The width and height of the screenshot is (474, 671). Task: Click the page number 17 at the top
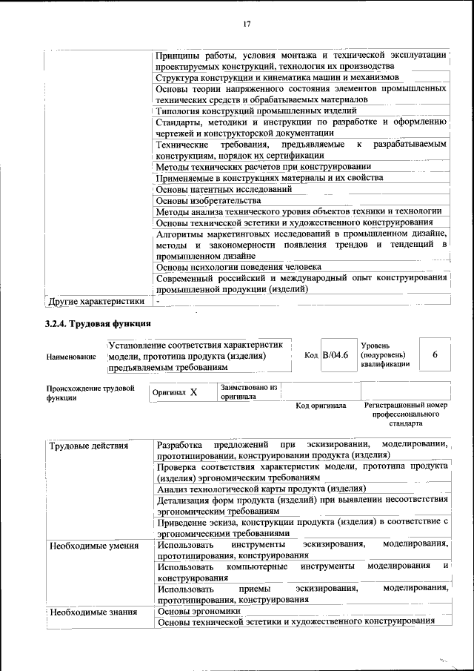[247, 24]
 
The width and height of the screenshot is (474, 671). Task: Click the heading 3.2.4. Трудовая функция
[98, 323]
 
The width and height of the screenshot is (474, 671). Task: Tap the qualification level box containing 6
[435, 356]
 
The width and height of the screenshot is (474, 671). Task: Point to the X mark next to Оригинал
[193, 392]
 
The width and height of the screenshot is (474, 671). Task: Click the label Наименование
[71, 357]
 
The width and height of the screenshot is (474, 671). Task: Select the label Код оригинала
[321, 406]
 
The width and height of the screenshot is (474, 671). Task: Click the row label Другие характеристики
[95, 302]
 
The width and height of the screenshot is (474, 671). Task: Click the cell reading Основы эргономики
[199, 611]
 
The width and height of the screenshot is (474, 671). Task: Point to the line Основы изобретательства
[209, 200]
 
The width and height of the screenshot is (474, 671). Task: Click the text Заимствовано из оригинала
[248, 391]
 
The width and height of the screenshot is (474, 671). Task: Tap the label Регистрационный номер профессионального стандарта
[406, 414]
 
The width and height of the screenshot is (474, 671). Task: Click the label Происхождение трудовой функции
[90, 392]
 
